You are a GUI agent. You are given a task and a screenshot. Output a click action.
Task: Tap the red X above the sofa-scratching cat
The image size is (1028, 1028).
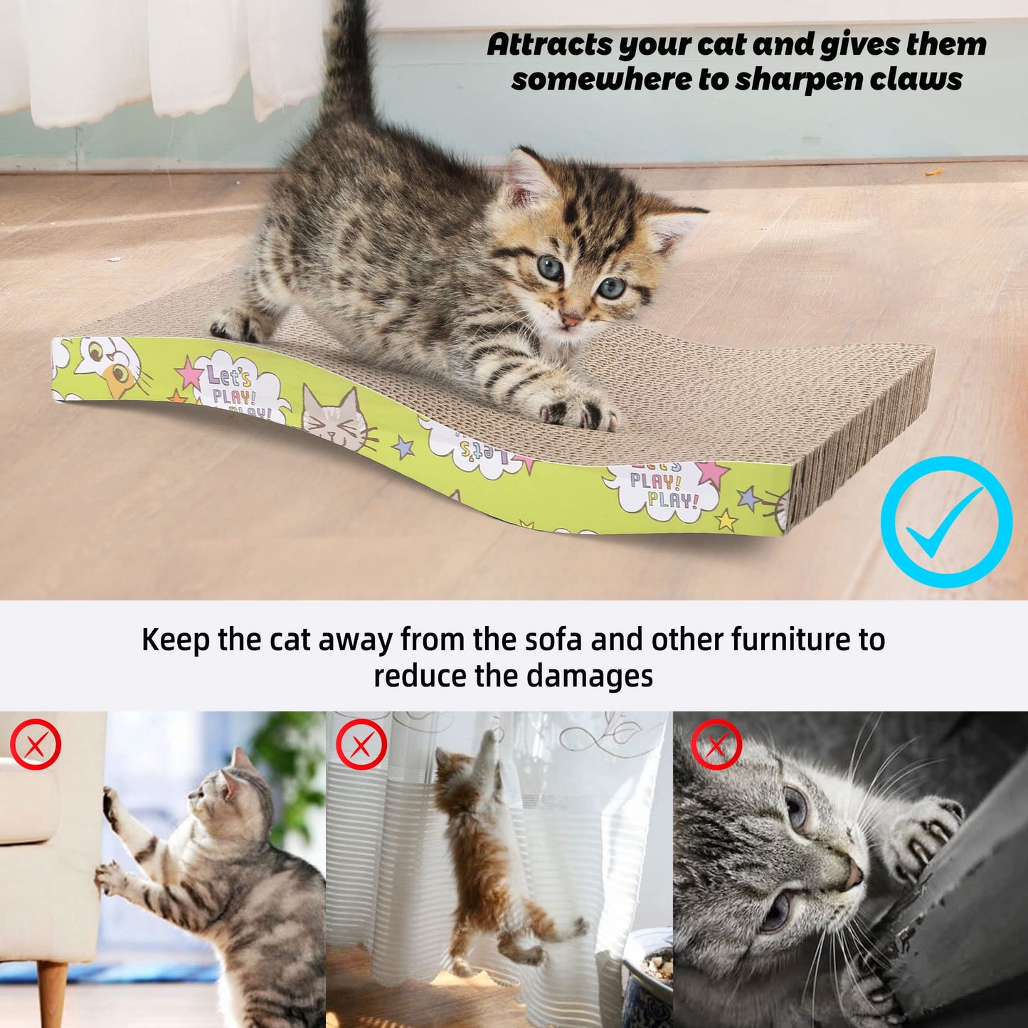(x=36, y=744)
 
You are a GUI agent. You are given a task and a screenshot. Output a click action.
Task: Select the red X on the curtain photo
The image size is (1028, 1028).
(x=361, y=744)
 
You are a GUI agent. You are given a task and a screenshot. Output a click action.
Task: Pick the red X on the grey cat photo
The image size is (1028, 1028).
(x=716, y=744)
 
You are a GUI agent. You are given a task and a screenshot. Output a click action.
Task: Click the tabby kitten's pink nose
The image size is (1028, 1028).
(x=570, y=319)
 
